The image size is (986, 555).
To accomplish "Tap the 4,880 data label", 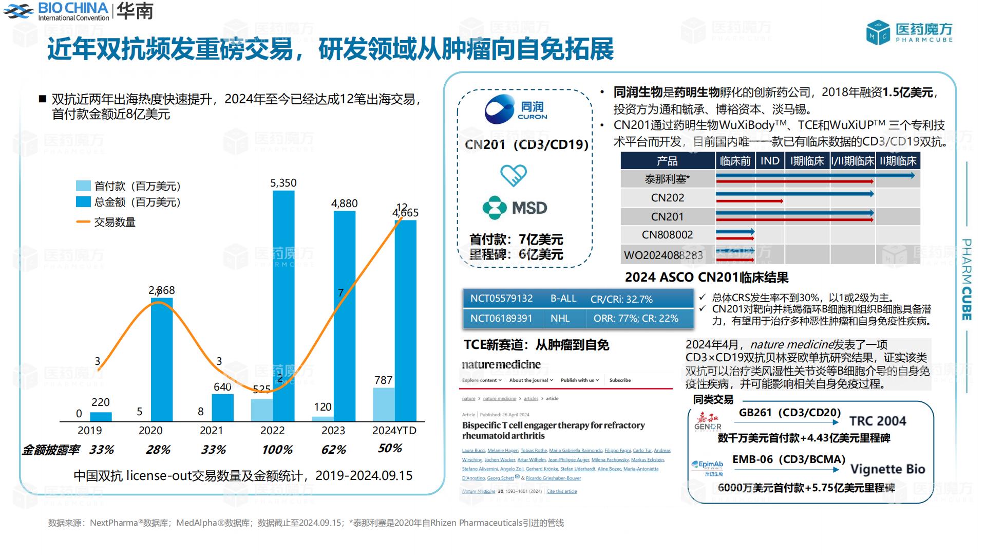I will click(344, 203).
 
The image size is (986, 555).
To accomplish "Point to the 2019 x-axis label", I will click(89, 431).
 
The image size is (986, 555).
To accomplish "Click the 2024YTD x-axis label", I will click(394, 431).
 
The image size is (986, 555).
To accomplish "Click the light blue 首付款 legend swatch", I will click(83, 186).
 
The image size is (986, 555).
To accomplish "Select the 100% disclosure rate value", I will click(277, 450).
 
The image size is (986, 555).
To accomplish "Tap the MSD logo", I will click(515, 208).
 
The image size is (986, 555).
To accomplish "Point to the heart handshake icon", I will click(514, 175).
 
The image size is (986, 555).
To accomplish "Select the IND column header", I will click(769, 161).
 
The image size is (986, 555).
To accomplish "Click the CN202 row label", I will click(667, 198).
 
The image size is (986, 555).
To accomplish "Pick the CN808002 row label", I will click(667, 235).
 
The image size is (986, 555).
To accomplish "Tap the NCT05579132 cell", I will click(501, 299).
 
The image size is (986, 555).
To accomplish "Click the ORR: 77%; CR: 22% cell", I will click(636, 319).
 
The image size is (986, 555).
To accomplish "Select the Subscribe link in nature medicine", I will click(620, 380).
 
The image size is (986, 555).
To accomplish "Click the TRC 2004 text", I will click(877, 421).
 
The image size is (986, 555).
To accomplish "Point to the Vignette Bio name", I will click(887, 469).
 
